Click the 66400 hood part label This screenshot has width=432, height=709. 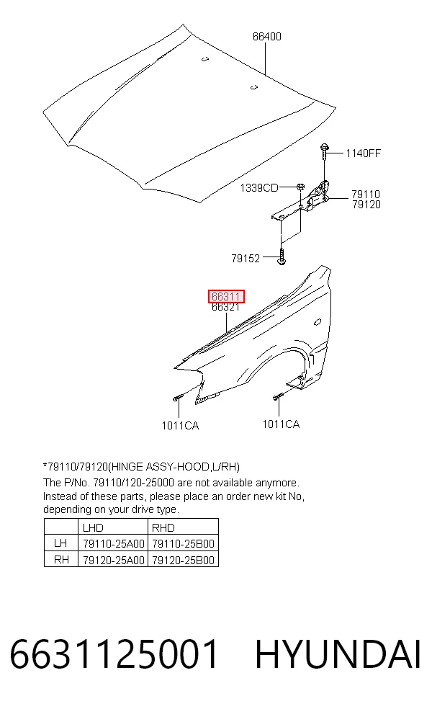click(x=266, y=37)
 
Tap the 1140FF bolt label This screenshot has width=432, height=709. click(x=364, y=153)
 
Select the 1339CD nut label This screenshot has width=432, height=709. click(x=259, y=187)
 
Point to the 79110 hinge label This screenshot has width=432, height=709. click(x=366, y=195)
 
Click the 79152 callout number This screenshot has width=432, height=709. click(x=246, y=258)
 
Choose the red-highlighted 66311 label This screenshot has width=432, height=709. click(x=226, y=297)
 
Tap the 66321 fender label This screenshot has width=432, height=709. click(x=225, y=307)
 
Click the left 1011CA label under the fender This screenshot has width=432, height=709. click(x=180, y=426)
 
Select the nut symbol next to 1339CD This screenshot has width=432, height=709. click(x=300, y=187)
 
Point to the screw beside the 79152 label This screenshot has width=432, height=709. click(x=281, y=257)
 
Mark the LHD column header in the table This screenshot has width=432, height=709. click(x=93, y=527)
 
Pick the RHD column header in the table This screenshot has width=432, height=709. click(x=163, y=527)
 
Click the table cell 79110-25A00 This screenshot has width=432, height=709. click(x=114, y=543)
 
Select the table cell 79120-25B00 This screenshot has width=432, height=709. click(x=183, y=561)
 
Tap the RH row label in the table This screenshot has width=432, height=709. click(x=61, y=559)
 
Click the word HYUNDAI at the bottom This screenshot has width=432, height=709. click(x=338, y=654)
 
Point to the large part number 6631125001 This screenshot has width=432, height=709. click(x=114, y=654)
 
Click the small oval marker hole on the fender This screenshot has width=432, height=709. click(x=318, y=322)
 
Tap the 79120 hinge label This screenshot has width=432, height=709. click(x=366, y=205)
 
